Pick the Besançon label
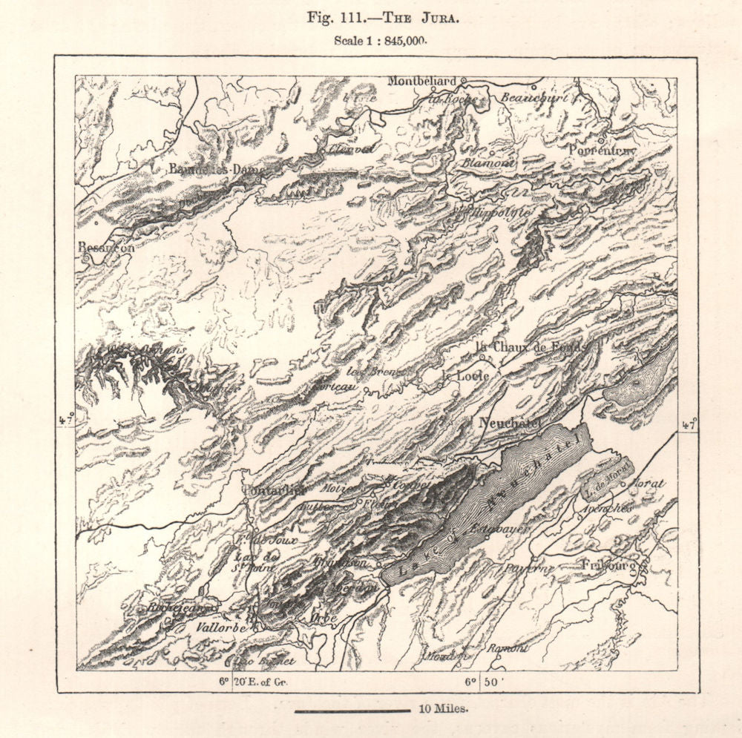[x=106, y=248]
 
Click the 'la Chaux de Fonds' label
[x=531, y=346]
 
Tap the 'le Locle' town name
[x=464, y=376]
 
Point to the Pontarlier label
[x=274, y=490]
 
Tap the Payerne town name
[x=531, y=569]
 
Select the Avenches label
[x=607, y=509]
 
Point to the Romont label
[x=508, y=648]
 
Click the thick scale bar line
[x=352, y=711]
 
